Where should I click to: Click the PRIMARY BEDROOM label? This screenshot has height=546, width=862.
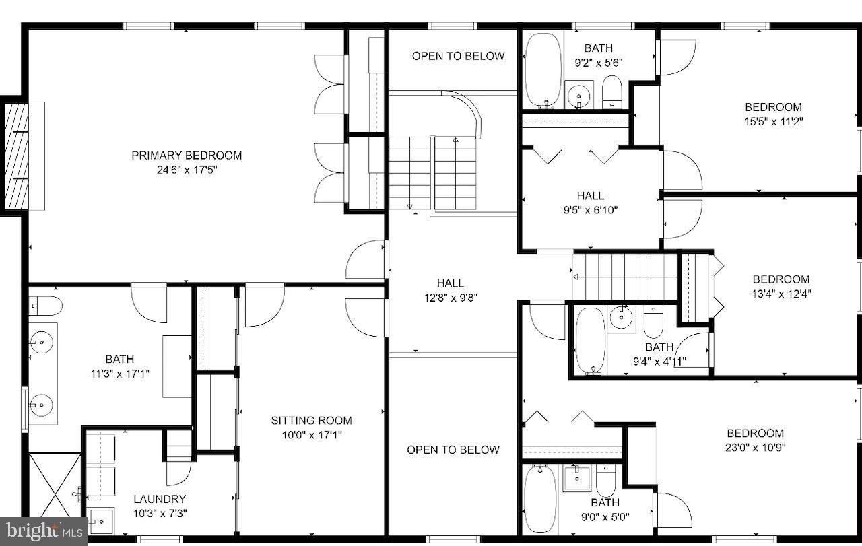tap(187, 156)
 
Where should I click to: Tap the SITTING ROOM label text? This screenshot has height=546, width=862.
tap(311, 421)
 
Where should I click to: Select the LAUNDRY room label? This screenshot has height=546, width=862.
tap(159, 499)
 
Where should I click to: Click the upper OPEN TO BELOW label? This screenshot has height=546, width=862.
tap(458, 56)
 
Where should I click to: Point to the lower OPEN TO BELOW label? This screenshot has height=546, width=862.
tap(453, 450)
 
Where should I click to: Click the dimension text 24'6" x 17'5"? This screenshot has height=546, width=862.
tap(187, 170)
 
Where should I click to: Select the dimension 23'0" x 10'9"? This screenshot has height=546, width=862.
tap(755, 447)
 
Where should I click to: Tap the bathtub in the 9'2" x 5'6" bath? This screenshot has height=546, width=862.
tap(543, 70)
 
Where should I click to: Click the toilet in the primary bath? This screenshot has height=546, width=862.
tap(46, 306)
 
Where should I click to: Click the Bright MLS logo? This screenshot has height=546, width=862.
tap(43, 531)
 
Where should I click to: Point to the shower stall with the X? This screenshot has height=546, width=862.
tap(55, 485)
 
